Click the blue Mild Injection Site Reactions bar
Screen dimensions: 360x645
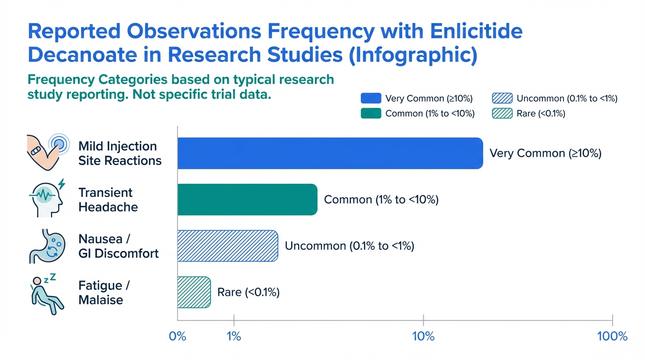(330, 153)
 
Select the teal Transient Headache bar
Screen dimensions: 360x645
(247, 200)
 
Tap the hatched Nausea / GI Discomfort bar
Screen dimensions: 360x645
(227, 246)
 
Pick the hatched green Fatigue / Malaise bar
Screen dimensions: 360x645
(194, 292)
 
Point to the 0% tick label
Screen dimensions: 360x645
(177, 336)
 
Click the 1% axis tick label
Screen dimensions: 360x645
(233, 336)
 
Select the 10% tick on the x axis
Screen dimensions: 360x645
(423, 336)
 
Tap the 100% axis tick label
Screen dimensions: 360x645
(613, 336)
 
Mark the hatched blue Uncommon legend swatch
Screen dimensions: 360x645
(502, 98)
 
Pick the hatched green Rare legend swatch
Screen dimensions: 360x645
(502, 113)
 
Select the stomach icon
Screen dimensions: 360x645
(46, 246)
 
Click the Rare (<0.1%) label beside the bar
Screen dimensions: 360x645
(248, 292)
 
